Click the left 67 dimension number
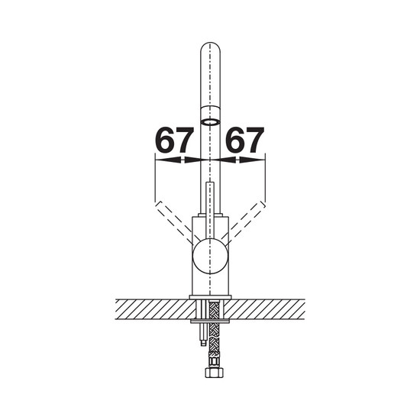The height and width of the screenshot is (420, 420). click(x=174, y=140)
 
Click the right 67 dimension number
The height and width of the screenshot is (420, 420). click(x=244, y=140)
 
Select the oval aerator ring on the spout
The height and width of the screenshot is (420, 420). click(x=211, y=122)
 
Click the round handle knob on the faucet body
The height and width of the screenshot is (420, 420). click(x=210, y=256)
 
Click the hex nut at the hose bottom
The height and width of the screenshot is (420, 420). click(x=214, y=373)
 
